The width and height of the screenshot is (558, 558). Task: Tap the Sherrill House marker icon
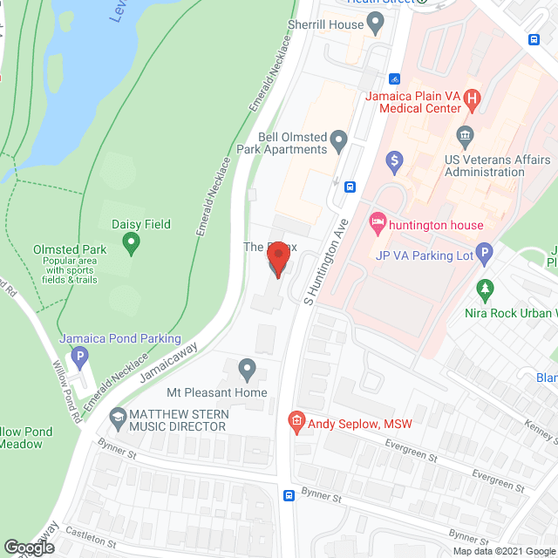376,25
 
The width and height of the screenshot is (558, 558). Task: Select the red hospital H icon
473,99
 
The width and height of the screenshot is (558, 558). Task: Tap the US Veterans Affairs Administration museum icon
465,135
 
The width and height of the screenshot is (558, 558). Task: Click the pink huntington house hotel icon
378,224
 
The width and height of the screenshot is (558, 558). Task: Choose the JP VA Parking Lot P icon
486,255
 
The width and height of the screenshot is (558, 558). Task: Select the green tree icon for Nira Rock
486,289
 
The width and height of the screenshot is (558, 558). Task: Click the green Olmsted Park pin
132,242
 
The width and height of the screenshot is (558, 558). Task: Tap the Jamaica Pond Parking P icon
80,357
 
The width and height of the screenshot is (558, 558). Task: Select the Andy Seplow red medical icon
296,423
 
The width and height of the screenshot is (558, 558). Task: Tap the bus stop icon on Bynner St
289,495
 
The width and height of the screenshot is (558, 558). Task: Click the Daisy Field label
140,224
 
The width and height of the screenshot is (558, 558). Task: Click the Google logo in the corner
28,547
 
